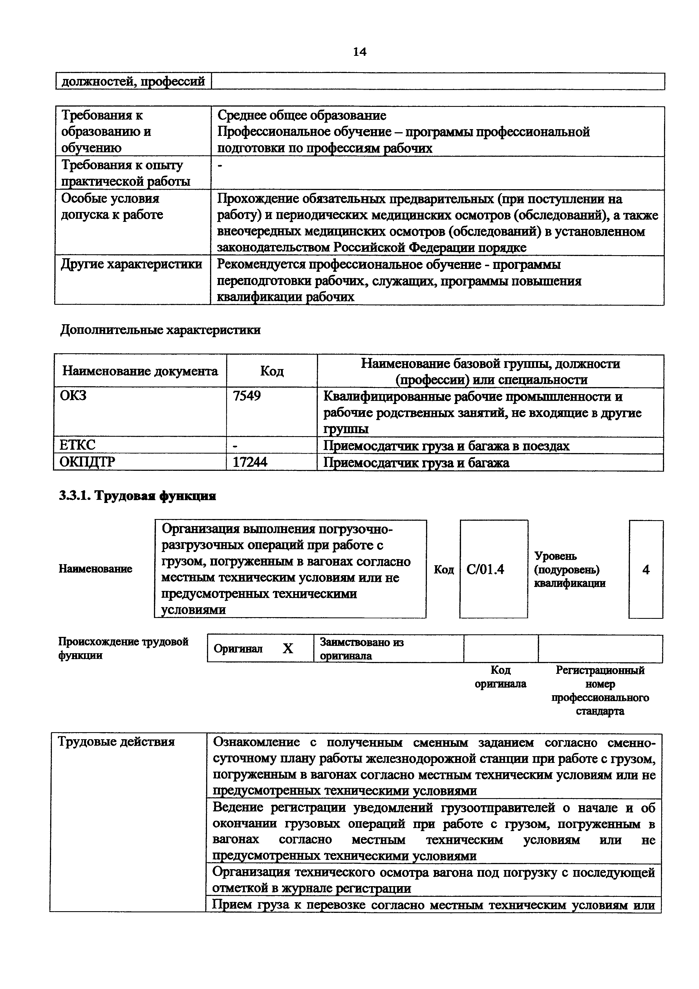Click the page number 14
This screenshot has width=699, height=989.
tap(360, 52)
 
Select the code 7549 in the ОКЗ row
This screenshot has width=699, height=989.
tap(247, 396)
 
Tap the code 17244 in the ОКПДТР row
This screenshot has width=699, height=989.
tap(250, 462)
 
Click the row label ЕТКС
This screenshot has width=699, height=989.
tap(78, 445)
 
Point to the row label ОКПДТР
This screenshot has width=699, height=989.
tap(87, 462)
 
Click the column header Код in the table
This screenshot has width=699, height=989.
tap(272, 371)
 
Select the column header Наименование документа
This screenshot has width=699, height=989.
tap(140, 371)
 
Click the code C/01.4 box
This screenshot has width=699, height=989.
tap(485, 569)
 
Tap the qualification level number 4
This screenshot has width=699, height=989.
tap(646, 569)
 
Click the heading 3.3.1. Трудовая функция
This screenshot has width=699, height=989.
tap(137, 496)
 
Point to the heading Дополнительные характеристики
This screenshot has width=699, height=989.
tap(160, 330)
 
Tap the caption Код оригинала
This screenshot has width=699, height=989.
tap(500, 677)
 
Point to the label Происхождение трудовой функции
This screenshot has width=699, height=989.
tap(123, 648)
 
